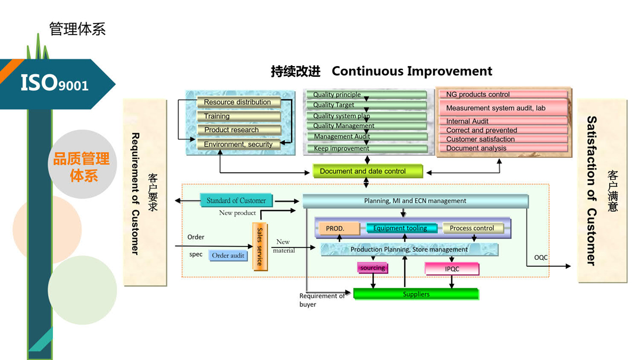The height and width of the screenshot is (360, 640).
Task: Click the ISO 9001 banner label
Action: pyautogui.click(x=54, y=83)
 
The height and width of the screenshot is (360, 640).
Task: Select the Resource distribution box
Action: pyautogui.click(x=238, y=102)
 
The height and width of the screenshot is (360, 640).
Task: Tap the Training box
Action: pyautogui.click(x=238, y=116)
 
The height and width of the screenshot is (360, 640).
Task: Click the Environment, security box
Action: pyautogui.click(x=238, y=144)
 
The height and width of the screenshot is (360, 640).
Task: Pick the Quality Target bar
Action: pyautogui.click(x=367, y=106)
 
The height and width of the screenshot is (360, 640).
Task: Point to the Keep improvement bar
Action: pyautogui.click(x=367, y=149)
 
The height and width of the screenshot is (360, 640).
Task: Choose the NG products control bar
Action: pyautogui.click(x=502, y=95)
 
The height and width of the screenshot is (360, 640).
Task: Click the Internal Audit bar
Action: pyautogui.click(x=502, y=121)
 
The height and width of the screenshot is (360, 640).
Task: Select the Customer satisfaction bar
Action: pyautogui.click(x=502, y=139)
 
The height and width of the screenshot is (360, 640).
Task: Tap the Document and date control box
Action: pyautogui.click(x=367, y=171)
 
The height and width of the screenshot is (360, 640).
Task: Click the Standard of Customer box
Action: pyautogui.click(x=236, y=201)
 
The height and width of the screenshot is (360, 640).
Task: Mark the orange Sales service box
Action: pyautogui.click(x=260, y=246)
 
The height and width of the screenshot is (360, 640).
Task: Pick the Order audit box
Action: pyautogui.click(x=228, y=255)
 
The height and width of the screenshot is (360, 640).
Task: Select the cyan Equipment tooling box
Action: pyautogui.click(x=402, y=228)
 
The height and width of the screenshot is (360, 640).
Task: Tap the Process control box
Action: pyautogui.click(x=473, y=228)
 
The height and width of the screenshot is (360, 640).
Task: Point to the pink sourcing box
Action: pyautogui.click(x=372, y=268)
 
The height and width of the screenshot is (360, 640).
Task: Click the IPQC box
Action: pyautogui.click(x=452, y=269)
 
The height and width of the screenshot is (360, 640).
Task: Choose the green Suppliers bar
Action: pyautogui.click(x=416, y=294)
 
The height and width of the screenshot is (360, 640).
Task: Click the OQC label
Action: pyautogui.click(x=541, y=258)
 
